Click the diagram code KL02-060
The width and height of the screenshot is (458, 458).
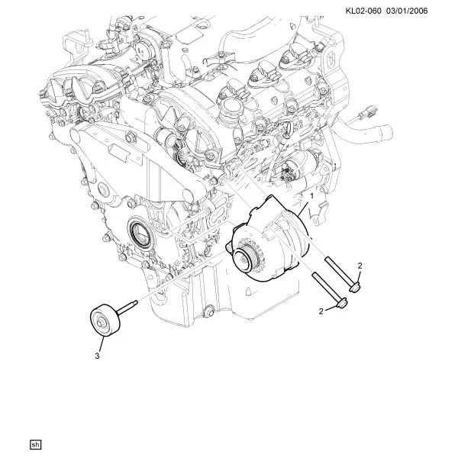tap(363, 11)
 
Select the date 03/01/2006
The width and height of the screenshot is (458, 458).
tap(407, 11)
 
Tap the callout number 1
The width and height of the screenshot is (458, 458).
tap(311, 196)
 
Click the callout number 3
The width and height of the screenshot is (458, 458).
tap(97, 356)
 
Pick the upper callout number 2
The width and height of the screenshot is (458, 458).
tap(360, 266)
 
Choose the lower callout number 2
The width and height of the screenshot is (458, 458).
tap(321, 311)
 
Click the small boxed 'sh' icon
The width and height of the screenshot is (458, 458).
tap(35, 444)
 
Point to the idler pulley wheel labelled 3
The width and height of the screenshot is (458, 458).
tap(105, 321)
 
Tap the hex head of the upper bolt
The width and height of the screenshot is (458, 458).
tap(355, 287)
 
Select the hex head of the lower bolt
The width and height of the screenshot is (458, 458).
tap(341, 303)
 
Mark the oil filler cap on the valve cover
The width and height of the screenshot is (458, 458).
tap(226, 108)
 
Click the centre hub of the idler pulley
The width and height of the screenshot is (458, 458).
tap(100, 323)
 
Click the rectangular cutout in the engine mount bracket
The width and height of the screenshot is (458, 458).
tap(119, 153)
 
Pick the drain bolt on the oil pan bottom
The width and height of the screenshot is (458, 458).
tap(208, 311)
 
